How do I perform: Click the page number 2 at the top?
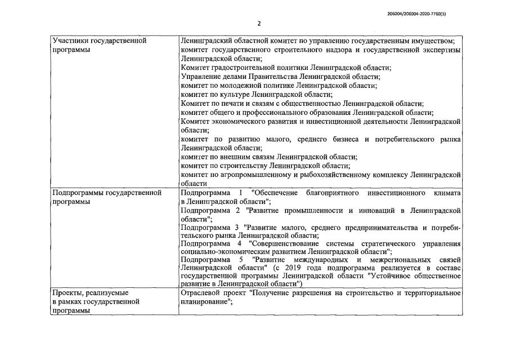point(258,24)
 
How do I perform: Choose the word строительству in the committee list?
point(243,166)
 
